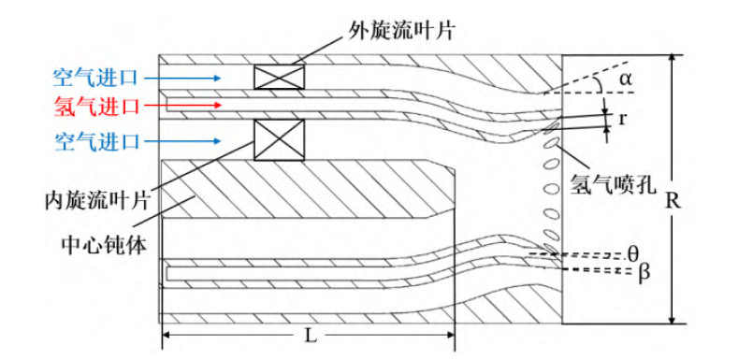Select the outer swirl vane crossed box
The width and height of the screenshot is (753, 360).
point(279,77)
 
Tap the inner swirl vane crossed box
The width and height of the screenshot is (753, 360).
point(279,139)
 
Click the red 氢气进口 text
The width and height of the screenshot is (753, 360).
point(96,105)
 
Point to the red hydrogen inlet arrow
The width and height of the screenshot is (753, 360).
point(183,105)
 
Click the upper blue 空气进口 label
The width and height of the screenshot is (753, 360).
point(96,78)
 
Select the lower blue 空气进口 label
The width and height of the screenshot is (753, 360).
point(96,141)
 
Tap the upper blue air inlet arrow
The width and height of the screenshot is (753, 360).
point(183,78)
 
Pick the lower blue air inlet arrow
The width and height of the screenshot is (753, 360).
point(183,141)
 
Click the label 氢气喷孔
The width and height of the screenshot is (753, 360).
point(613,184)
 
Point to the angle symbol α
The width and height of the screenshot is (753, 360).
point(625,79)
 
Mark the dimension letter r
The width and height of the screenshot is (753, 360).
point(622,119)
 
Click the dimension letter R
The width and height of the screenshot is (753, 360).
point(673,202)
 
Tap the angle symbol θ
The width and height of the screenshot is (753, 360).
point(633,252)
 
